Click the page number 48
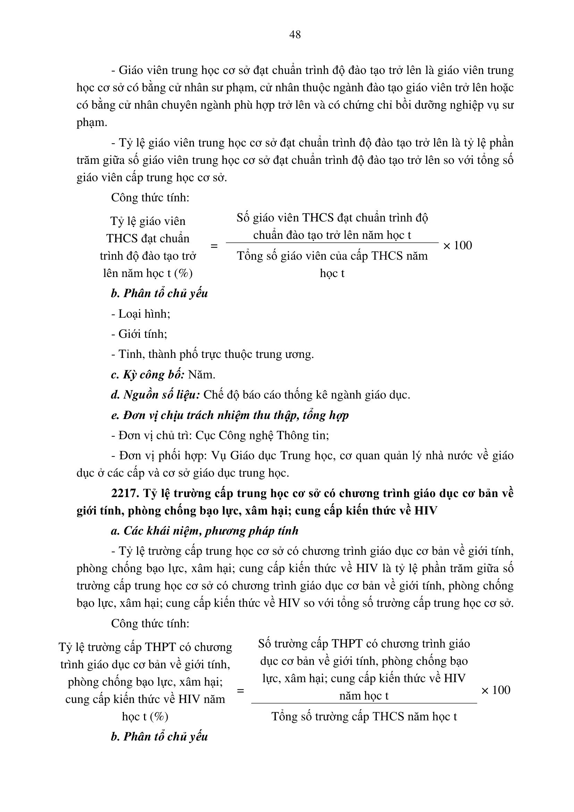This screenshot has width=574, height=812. (295, 35)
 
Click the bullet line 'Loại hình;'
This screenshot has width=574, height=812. (141, 314)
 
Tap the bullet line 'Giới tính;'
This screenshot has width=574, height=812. (139, 334)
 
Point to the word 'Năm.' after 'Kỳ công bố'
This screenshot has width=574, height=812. (202, 375)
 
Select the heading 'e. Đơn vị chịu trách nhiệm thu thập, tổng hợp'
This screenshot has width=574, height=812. (230, 415)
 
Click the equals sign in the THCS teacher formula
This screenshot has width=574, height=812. (214, 246)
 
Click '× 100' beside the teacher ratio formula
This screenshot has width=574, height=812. (457, 246)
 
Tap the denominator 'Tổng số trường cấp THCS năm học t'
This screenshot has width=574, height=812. (364, 717)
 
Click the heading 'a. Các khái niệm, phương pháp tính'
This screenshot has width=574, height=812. (205, 531)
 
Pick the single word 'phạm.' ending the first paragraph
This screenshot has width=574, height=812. (92, 123)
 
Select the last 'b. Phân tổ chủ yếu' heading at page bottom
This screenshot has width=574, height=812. (159, 737)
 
